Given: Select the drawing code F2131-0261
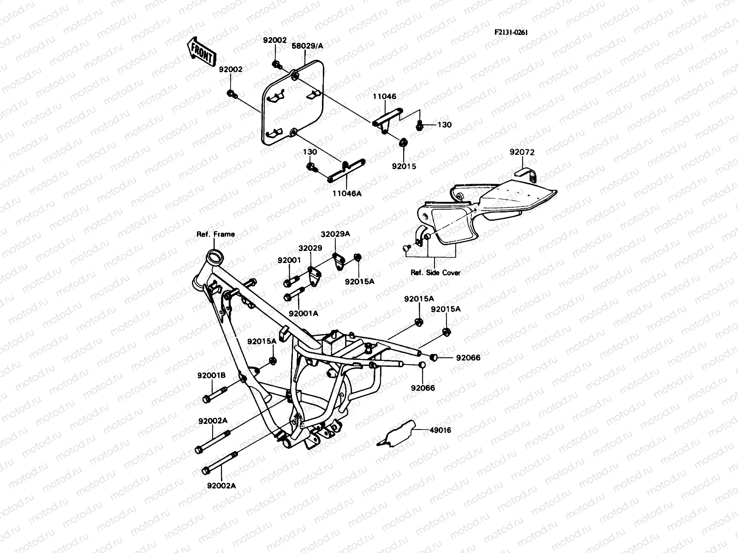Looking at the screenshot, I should point(511,32).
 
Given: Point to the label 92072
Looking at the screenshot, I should point(522,152).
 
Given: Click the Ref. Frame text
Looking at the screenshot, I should point(216,234).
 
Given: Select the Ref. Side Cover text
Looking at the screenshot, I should point(435,272).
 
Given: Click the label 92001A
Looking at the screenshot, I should point(304,313).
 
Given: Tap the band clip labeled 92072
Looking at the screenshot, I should point(526,174).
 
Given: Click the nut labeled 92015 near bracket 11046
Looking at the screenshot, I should point(402,142).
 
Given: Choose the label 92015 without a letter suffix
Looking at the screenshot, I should point(404,166).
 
